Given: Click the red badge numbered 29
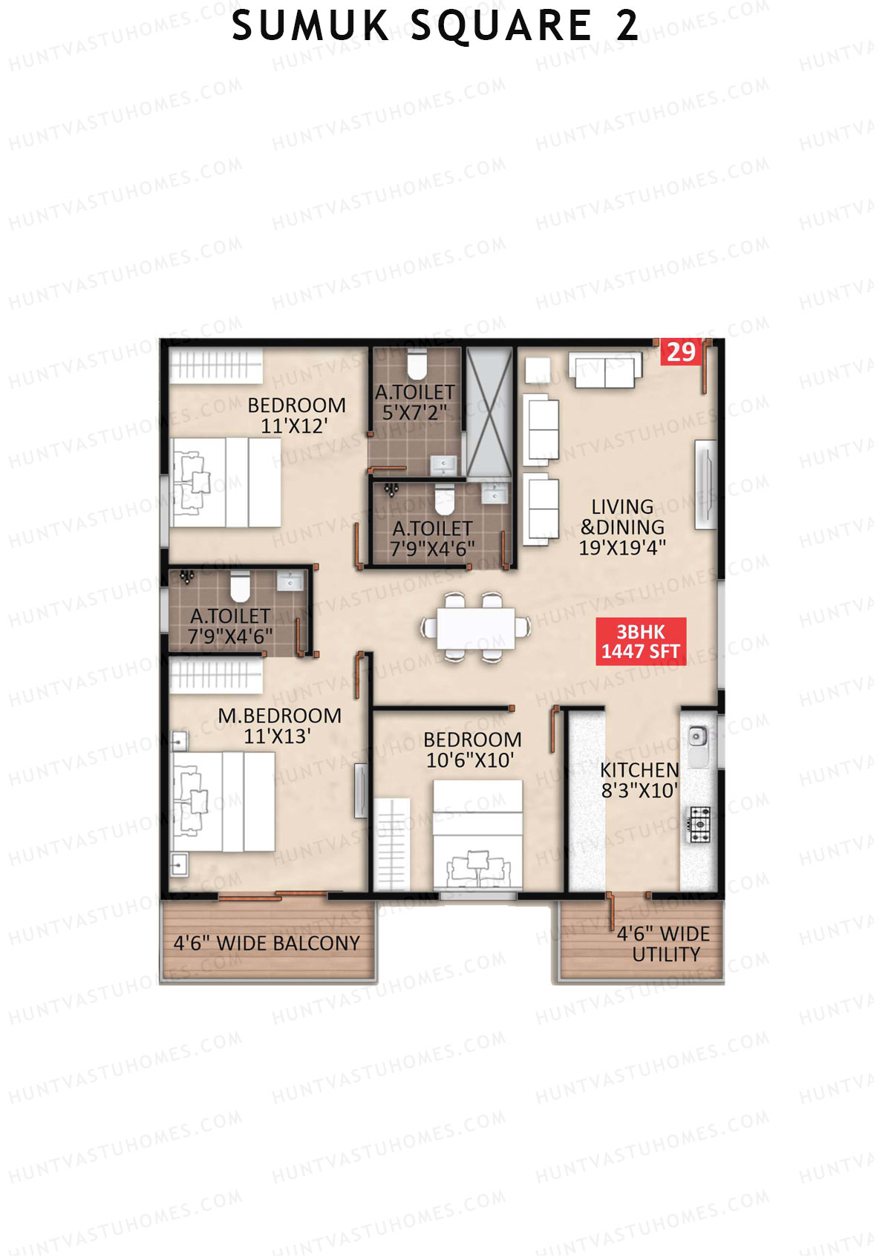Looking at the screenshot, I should pos(680,352).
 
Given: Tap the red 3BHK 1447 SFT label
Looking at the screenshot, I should pos(640,642).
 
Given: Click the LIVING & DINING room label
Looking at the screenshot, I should pos(622,527).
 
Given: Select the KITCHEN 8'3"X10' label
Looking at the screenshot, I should pos(639,780).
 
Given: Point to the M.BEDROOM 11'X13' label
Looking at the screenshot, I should pos(279,725).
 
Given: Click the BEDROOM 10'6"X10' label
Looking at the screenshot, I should pos(472,750).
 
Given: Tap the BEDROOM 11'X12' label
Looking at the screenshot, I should pos(296,415).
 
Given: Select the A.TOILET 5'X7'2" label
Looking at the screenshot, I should pos(414,402).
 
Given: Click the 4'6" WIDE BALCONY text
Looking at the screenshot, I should pos(267,944).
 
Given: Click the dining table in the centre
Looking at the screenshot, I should pos(475,628).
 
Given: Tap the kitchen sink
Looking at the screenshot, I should pos(696,738).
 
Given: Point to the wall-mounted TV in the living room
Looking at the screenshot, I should pos(705,485).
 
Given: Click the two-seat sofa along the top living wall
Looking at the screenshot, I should pos(605,371).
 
